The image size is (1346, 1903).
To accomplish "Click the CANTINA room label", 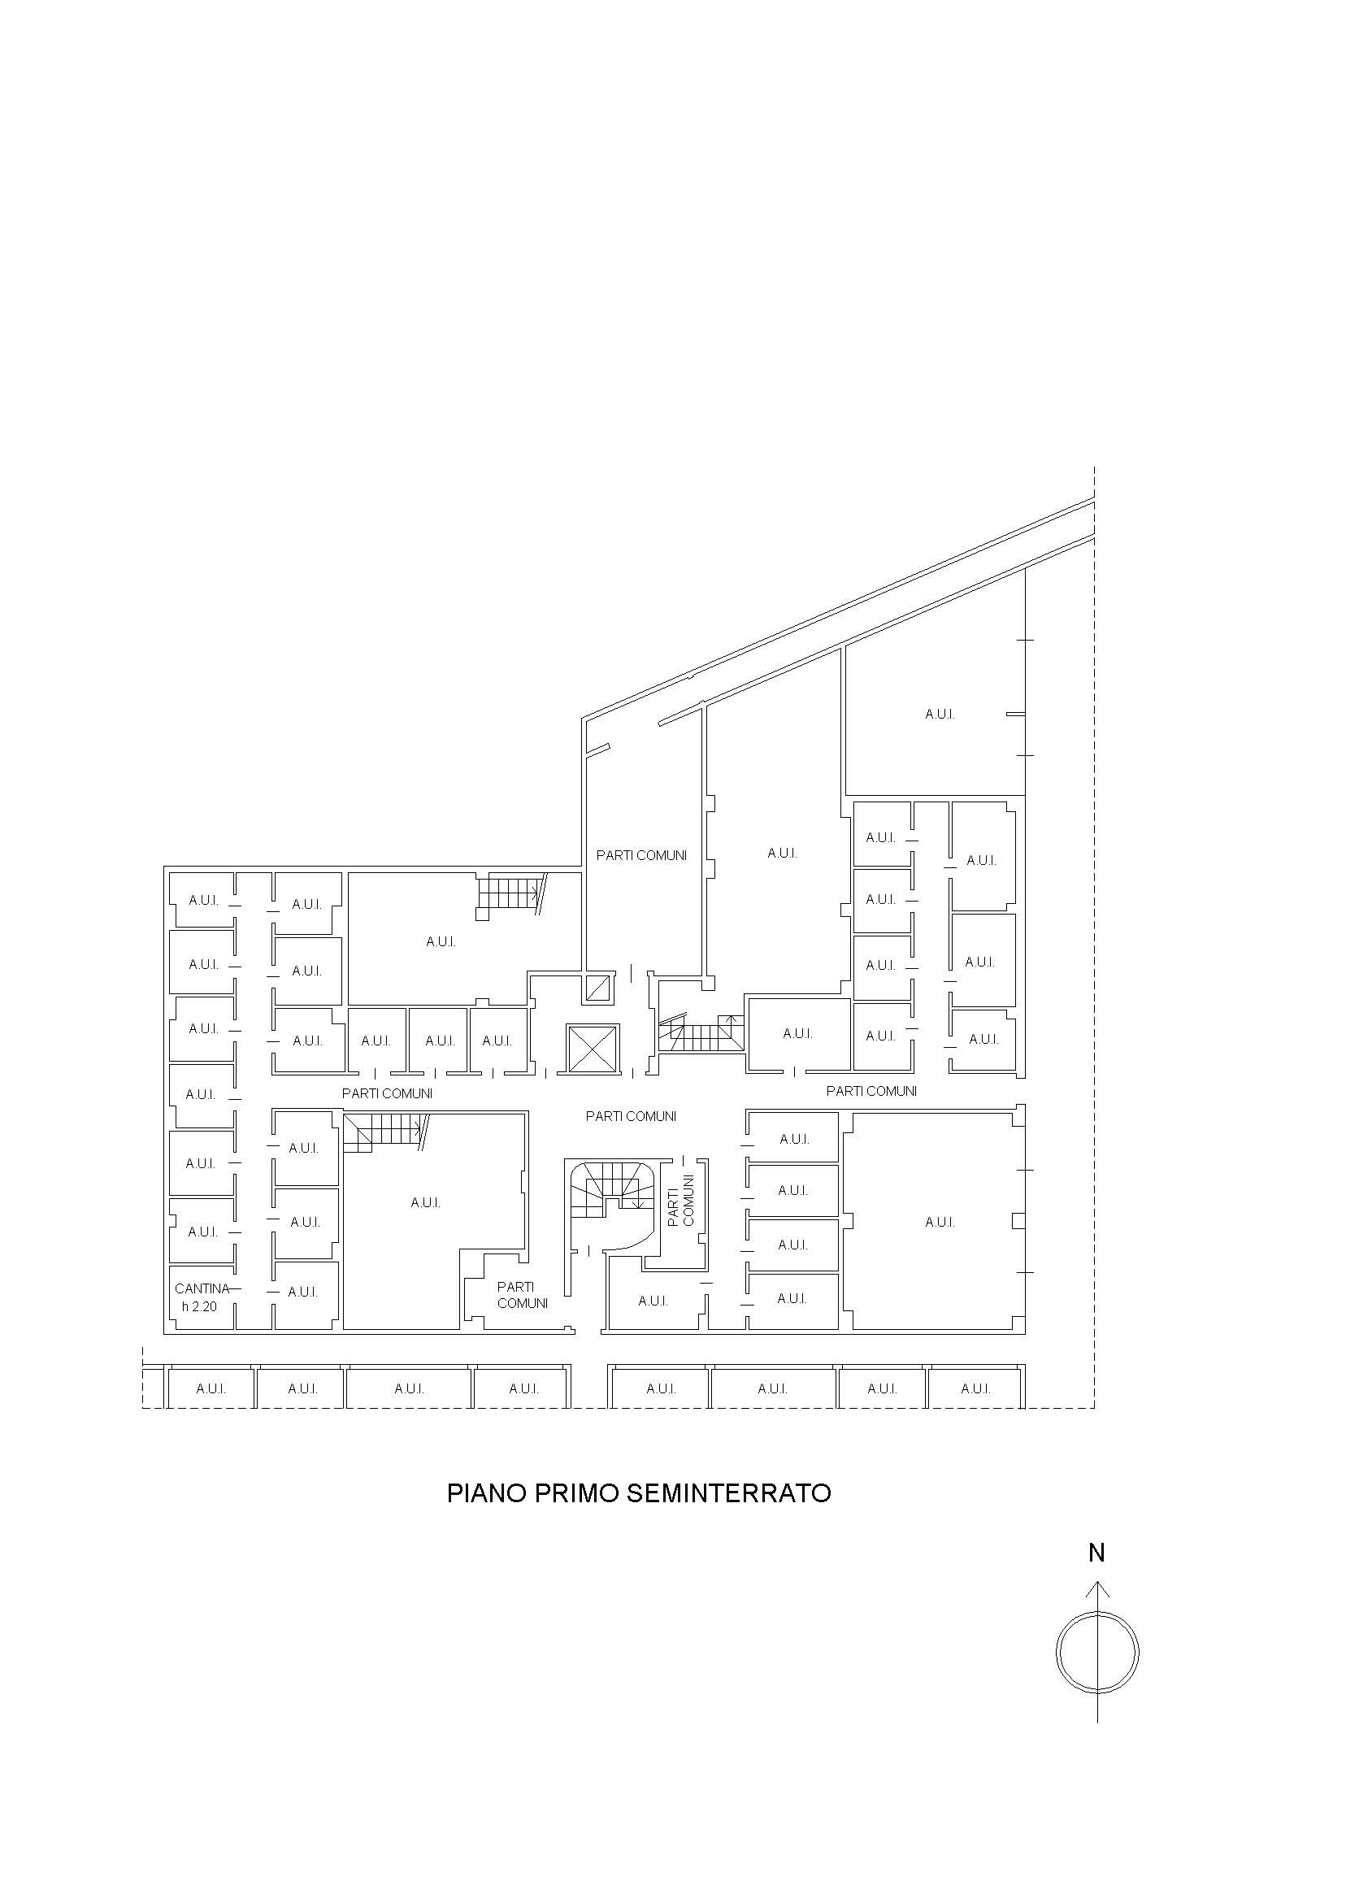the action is point(202,1288).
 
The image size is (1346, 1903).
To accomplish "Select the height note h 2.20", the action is point(199,1306).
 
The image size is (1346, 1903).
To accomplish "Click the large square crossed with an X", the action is point(592,1049).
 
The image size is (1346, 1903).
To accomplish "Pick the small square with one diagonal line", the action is point(597,988).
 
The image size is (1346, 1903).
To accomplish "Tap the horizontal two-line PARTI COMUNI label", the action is point(522,1295).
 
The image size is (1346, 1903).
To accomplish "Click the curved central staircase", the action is point(612,1197).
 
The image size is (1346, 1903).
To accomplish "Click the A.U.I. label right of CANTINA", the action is point(302,1293).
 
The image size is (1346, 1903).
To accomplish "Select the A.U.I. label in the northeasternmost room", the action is point(940,714).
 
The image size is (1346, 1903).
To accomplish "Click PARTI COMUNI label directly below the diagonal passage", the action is point(641,855).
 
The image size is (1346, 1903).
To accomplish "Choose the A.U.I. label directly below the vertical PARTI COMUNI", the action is point(653,1301).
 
